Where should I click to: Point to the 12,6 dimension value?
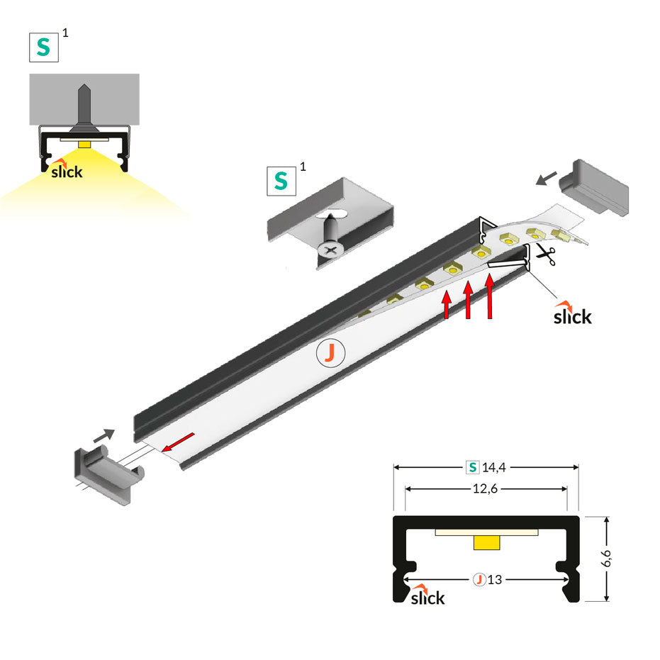(486, 488)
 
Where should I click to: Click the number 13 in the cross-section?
(495, 579)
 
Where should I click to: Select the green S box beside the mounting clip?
(281, 181)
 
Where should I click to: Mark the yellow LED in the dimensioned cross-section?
(486, 542)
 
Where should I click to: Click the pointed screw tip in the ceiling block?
(84, 92)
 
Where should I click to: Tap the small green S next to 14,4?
(471, 467)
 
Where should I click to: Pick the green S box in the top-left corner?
(43, 46)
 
